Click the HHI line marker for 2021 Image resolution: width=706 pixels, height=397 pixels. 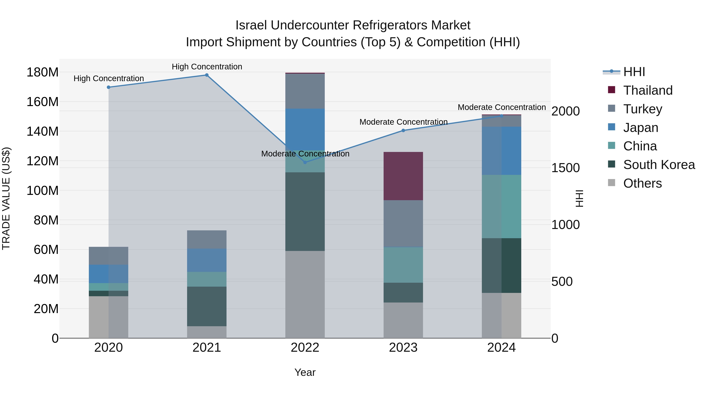[207, 75]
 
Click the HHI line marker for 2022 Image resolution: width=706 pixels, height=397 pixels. [305, 163]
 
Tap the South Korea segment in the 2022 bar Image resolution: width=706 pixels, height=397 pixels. [305, 212]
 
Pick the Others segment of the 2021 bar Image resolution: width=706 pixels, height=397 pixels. [207, 332]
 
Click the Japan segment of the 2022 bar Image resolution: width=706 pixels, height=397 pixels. [305, 129]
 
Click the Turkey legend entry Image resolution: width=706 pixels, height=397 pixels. [642, 109]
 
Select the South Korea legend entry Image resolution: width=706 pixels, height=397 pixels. [659, 165]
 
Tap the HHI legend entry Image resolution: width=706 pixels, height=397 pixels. [634, 72]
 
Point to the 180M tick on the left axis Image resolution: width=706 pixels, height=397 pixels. [43, 72]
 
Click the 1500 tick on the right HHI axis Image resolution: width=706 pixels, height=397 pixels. [565, 168]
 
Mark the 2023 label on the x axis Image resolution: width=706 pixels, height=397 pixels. [403, 348]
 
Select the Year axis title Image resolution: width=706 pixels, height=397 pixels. [305, 372]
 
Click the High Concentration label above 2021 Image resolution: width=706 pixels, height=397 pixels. [207, 67]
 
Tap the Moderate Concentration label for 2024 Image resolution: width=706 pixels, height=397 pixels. [501, 107]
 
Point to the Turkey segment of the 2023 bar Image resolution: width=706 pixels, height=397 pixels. [403, 223]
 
